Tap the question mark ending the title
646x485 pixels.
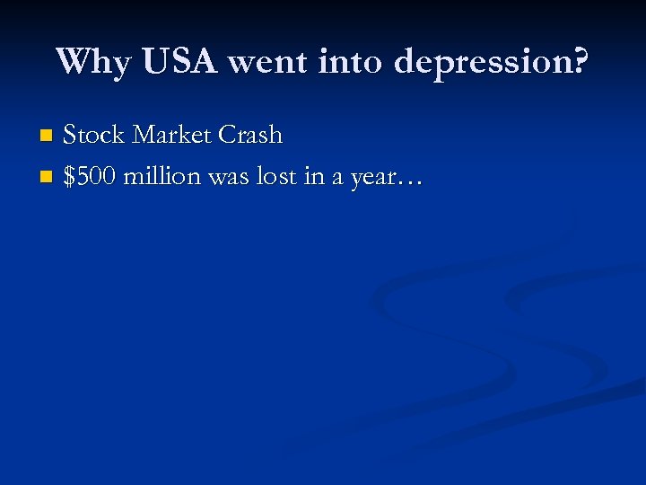(580, 61)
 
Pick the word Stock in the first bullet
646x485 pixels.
(94, 136)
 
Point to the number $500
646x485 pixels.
(91, 177)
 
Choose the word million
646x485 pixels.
(161, 177)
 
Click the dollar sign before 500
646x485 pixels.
(70, 177)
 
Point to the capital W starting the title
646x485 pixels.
(73, 61)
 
